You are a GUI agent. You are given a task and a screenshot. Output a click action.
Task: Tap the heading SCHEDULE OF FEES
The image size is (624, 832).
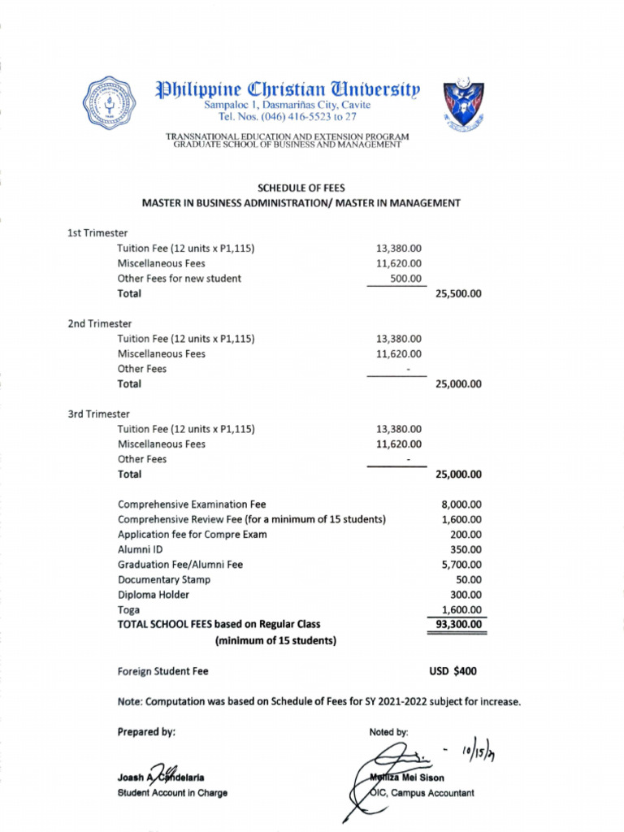tap(301, 188)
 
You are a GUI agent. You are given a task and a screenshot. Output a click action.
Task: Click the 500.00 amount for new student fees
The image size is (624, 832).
tap(406, 279)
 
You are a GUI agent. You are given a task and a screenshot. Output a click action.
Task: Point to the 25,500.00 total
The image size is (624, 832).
tap(458, 294)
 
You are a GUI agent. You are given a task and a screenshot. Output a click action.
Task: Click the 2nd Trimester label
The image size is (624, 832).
tap(99, 323)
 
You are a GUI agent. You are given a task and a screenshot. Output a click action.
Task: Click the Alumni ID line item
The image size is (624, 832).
tap(141, 549)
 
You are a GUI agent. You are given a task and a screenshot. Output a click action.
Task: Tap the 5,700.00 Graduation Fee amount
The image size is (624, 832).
tap(461, 565)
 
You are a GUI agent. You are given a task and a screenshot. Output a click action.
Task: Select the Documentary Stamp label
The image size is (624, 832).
tap(163, 579)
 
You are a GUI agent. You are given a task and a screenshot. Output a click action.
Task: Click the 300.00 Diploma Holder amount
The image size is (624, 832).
tap(466, 595)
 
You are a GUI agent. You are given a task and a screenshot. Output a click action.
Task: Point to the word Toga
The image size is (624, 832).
tap(128, 609)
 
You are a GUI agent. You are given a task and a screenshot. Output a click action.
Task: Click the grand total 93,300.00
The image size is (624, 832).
tap(457, 625)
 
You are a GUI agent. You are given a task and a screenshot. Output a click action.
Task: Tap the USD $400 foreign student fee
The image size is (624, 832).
tap(453, 671)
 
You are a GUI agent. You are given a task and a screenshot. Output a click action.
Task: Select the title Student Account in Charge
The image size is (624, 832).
tap(172, 793)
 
